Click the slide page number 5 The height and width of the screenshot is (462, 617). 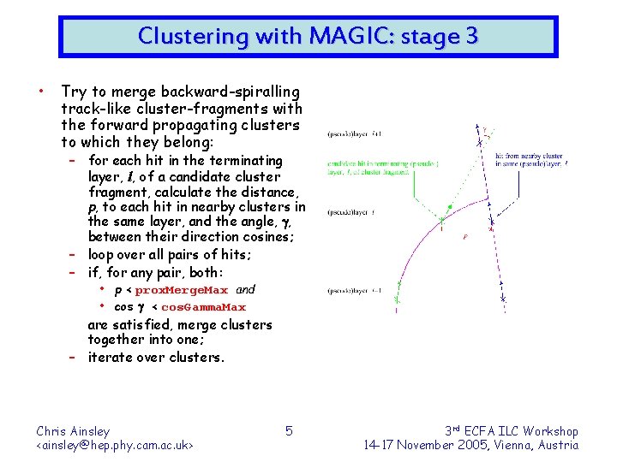coord(289,430)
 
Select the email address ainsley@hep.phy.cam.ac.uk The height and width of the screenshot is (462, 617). coord(115,445)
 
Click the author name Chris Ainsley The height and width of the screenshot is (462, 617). coord(73,431)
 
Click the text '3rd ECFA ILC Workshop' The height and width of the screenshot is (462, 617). coord(512,431)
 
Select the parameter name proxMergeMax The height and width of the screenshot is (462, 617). coord(182,291)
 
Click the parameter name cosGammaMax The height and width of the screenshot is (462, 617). coord(204,307)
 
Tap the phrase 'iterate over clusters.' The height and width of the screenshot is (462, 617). coord(156,357)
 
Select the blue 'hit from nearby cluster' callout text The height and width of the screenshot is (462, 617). coord(530,158)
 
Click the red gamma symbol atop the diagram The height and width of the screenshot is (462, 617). coord(483,131)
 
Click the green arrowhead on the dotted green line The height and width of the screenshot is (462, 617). coord(451,207)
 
